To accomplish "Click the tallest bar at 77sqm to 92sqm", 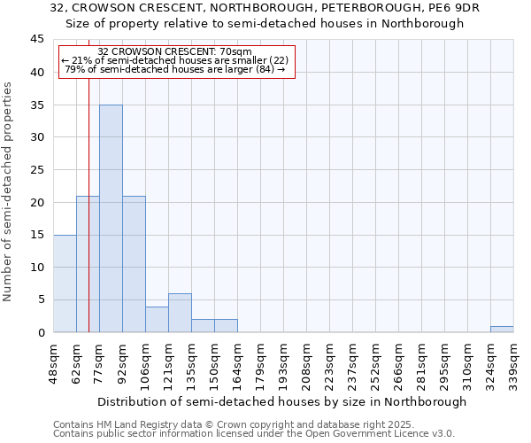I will (111, 218).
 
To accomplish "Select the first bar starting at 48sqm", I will (65, 284).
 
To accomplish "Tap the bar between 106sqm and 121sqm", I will (157, 319).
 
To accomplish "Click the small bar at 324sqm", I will (502, 329).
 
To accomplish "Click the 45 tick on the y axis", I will (36, 40).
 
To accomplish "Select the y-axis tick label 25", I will (36, 170).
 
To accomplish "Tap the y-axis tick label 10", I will (36, 268).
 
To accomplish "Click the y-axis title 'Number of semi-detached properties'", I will (9, 192).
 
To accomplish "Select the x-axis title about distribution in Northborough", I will (281, 401).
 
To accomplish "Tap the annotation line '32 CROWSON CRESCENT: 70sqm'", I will (175, 51).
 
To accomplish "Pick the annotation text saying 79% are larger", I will (175, 69).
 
